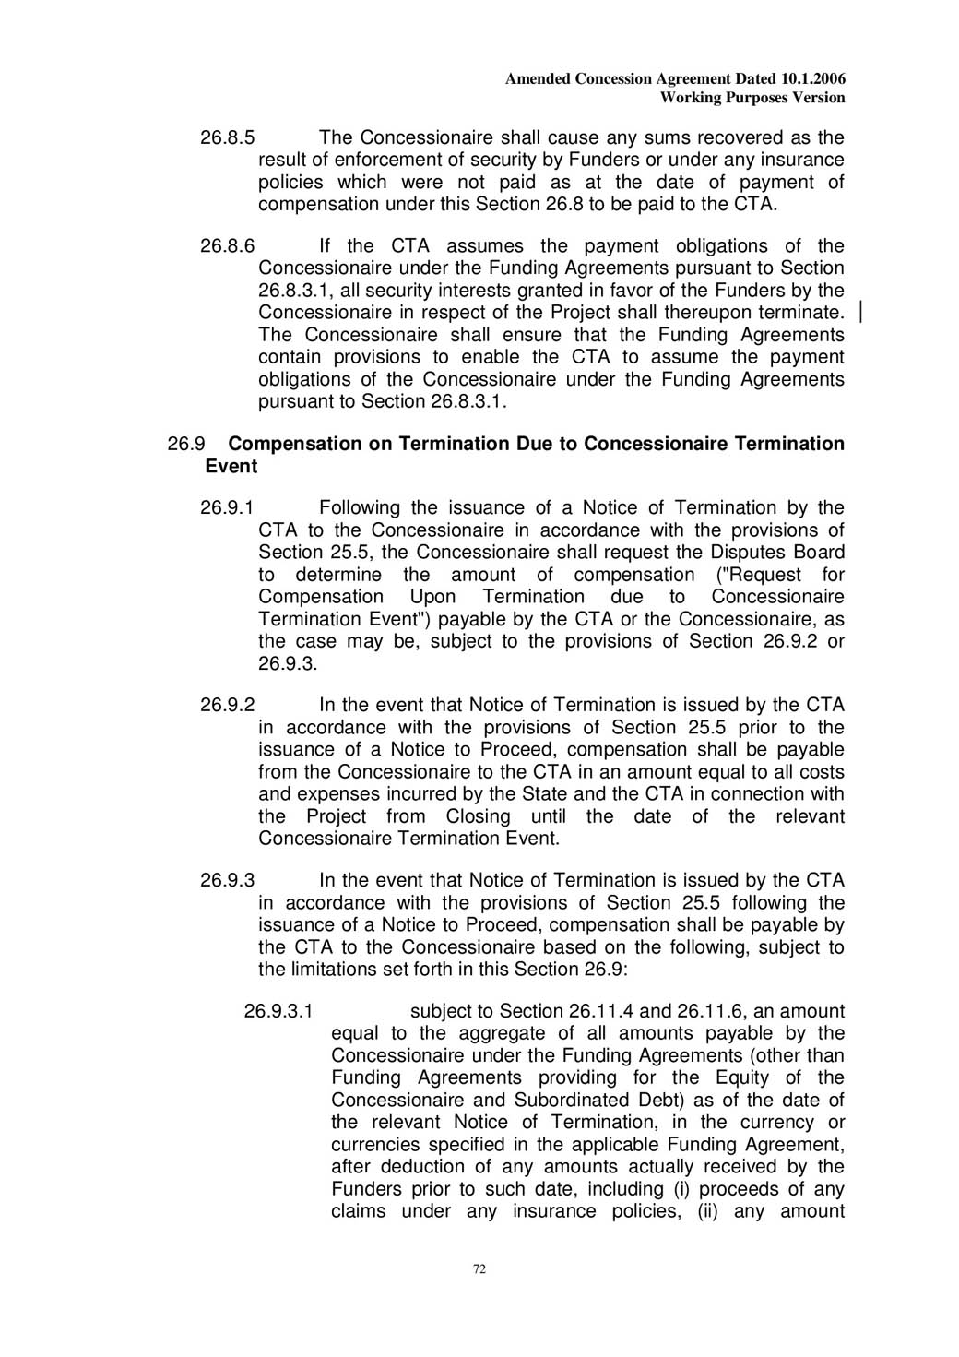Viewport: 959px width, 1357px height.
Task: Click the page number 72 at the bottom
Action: (479, 1269)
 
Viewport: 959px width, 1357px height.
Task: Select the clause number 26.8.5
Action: (227, 138)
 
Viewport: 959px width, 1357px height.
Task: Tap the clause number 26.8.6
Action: (227, 246)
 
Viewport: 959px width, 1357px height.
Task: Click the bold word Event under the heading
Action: (231, 467)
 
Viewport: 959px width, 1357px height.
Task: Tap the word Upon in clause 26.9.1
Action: (432, 597)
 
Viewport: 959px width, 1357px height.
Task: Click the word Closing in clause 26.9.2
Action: (478, 817)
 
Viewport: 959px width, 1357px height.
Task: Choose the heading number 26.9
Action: (185, 445)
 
